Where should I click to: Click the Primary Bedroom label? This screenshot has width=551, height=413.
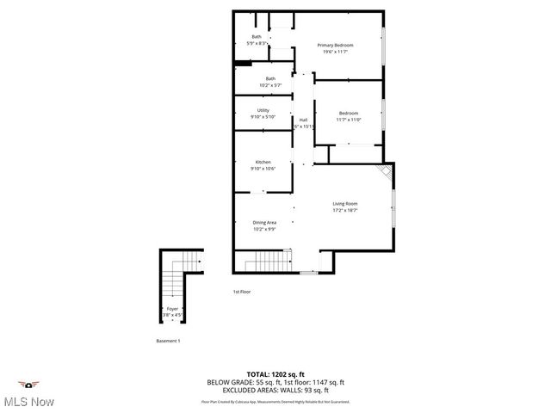tap(335, 48)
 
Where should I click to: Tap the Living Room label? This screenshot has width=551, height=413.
tap(345, 206)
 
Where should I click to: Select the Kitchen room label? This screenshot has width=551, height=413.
tap(263, 165)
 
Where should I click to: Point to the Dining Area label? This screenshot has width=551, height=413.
tap(264, 225)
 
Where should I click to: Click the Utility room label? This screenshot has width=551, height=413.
tap(263, 113)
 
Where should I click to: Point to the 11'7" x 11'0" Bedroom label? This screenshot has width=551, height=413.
tap(348, 116)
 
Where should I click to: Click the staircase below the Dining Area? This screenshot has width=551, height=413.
tap(263, 261)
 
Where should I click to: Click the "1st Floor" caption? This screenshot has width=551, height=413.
tap(242, 292)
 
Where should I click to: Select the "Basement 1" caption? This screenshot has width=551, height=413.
tap(168, 342)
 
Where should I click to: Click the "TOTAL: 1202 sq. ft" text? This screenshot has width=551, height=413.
tap(275, 374)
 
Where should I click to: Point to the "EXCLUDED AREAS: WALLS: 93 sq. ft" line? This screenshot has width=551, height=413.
tap(275, 389)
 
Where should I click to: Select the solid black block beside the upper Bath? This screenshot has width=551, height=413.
tap(243, 62)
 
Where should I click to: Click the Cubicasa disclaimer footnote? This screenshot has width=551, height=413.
tap(275, 401)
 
